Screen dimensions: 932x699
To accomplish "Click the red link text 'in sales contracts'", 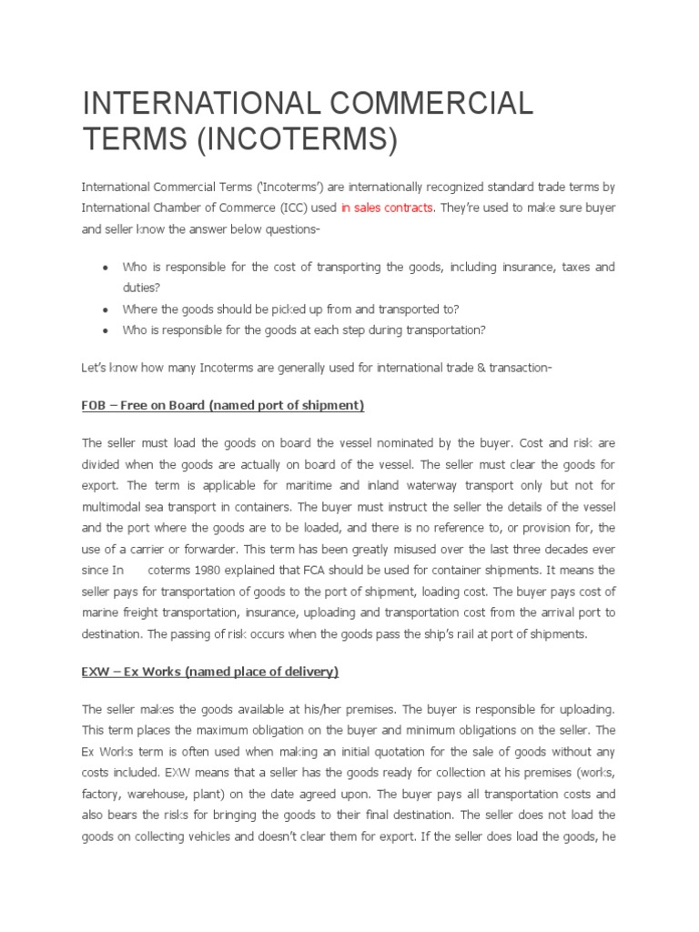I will pos(388,208).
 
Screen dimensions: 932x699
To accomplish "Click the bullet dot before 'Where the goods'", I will pos(106,308).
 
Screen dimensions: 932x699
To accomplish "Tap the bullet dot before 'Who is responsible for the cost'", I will pos(106,268).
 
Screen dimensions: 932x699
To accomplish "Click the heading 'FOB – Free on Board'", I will pos(223,404).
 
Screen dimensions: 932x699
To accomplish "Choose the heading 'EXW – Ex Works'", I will pos(209,672).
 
